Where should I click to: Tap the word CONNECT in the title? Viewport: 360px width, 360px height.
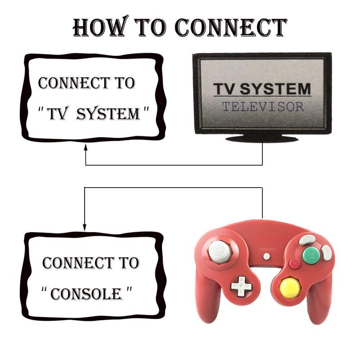pos(230,28)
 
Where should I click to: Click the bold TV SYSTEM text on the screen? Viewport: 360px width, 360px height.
pos(262,89)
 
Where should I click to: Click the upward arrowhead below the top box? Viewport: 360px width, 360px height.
pos(85,148)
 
